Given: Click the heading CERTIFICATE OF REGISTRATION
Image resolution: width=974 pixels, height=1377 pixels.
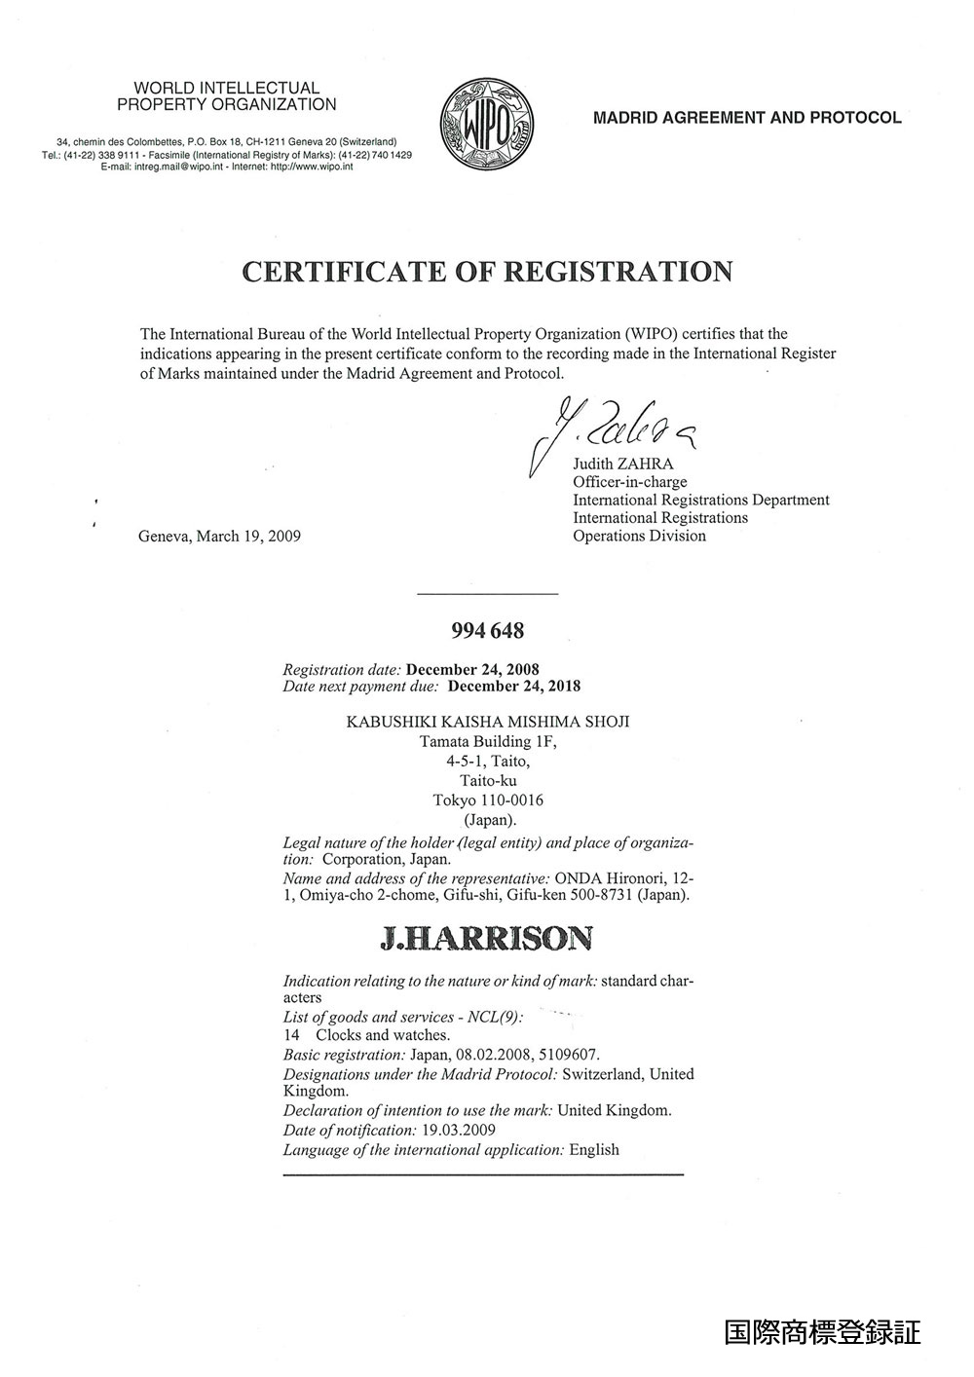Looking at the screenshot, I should [x=487, y=271].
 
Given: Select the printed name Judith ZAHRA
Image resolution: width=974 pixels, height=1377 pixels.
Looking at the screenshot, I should [x=622, y=465].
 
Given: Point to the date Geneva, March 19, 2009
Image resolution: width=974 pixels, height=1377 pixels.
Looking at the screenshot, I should [x=220, y=536].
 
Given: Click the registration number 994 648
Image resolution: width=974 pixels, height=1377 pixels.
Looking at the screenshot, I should [x=487, y=631].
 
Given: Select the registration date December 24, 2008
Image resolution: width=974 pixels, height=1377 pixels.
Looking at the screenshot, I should [x=472, y=670].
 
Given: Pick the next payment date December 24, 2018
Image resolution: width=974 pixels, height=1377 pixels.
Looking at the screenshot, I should [x=513, y=686].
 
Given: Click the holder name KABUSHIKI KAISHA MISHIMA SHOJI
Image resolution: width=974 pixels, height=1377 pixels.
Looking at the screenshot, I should [x=488, y=722].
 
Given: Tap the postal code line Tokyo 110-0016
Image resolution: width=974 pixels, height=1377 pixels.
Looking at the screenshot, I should [x=488, y=800].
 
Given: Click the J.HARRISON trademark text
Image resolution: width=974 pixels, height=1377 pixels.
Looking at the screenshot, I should [x=486, y=939].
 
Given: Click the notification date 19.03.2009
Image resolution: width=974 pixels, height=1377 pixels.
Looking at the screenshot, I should [x=459, y=1131].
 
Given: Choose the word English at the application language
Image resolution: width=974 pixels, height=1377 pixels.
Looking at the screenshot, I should [x=594, y=1149].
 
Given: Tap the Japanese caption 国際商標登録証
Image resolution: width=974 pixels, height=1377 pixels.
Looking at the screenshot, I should [x=822, y=1331].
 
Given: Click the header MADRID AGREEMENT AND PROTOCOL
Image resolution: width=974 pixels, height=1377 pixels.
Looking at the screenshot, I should [x=747, y=118].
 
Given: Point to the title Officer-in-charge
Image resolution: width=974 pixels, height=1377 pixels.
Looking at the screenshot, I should [x=629, y=482].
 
